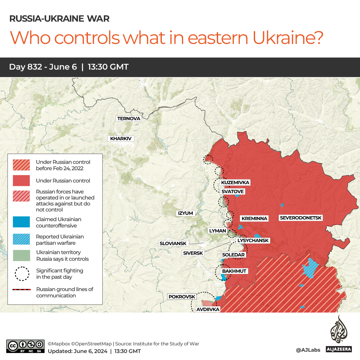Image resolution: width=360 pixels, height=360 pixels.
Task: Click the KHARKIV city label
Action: (121, 139)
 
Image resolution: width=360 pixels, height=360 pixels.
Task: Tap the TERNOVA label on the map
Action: (129, 119)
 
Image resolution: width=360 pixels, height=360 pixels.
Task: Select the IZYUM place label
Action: (185, 213)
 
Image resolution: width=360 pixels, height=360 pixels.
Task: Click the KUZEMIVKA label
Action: (235, 182)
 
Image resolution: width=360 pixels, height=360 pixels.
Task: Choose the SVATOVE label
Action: (232, 191)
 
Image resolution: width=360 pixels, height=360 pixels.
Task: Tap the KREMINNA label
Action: (254, 218)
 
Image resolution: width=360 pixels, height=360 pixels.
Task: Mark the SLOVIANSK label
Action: (173, 243)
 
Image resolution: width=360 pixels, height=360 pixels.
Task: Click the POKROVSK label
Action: (182, 296)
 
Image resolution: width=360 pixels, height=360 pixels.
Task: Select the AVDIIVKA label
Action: (208, 309)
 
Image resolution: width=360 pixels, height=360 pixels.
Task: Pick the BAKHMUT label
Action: (234, 271)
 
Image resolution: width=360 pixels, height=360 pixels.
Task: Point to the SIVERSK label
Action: (193, 253)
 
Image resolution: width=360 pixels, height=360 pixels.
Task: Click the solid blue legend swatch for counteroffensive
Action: (21, 222)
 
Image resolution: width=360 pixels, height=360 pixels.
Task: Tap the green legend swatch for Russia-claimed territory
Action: (21, 255)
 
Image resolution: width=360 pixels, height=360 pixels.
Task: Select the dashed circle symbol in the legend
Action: (21, 273)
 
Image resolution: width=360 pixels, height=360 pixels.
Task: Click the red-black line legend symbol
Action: (21, 290)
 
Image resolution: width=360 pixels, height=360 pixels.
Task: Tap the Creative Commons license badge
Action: (25, 346)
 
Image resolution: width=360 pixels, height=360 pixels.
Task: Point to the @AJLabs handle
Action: (308, 350)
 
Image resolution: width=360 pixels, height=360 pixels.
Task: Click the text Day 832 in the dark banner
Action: (26, 67)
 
